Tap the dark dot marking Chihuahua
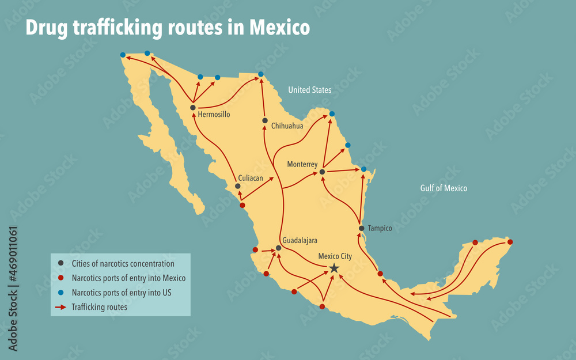pos(265,120)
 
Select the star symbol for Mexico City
pos(334,268)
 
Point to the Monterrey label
pos(302,164)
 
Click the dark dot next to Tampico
pos(361,228)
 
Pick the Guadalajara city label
pos(300,240)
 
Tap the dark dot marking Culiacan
pos(237,186)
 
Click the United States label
pos(309,90)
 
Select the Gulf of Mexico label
pos(444,188)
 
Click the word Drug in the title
pos(46,28)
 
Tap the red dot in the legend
pos(60,278)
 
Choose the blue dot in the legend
pos(60,293)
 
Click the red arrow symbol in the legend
pos(60,307)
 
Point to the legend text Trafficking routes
pos(99,307)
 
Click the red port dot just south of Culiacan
pos(242,205)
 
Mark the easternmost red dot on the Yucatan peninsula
pos(510,242)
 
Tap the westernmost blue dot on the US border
pos(123,55)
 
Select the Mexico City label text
pos(335,256)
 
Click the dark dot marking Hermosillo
pos(193,107)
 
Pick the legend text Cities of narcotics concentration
pos(123,264)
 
